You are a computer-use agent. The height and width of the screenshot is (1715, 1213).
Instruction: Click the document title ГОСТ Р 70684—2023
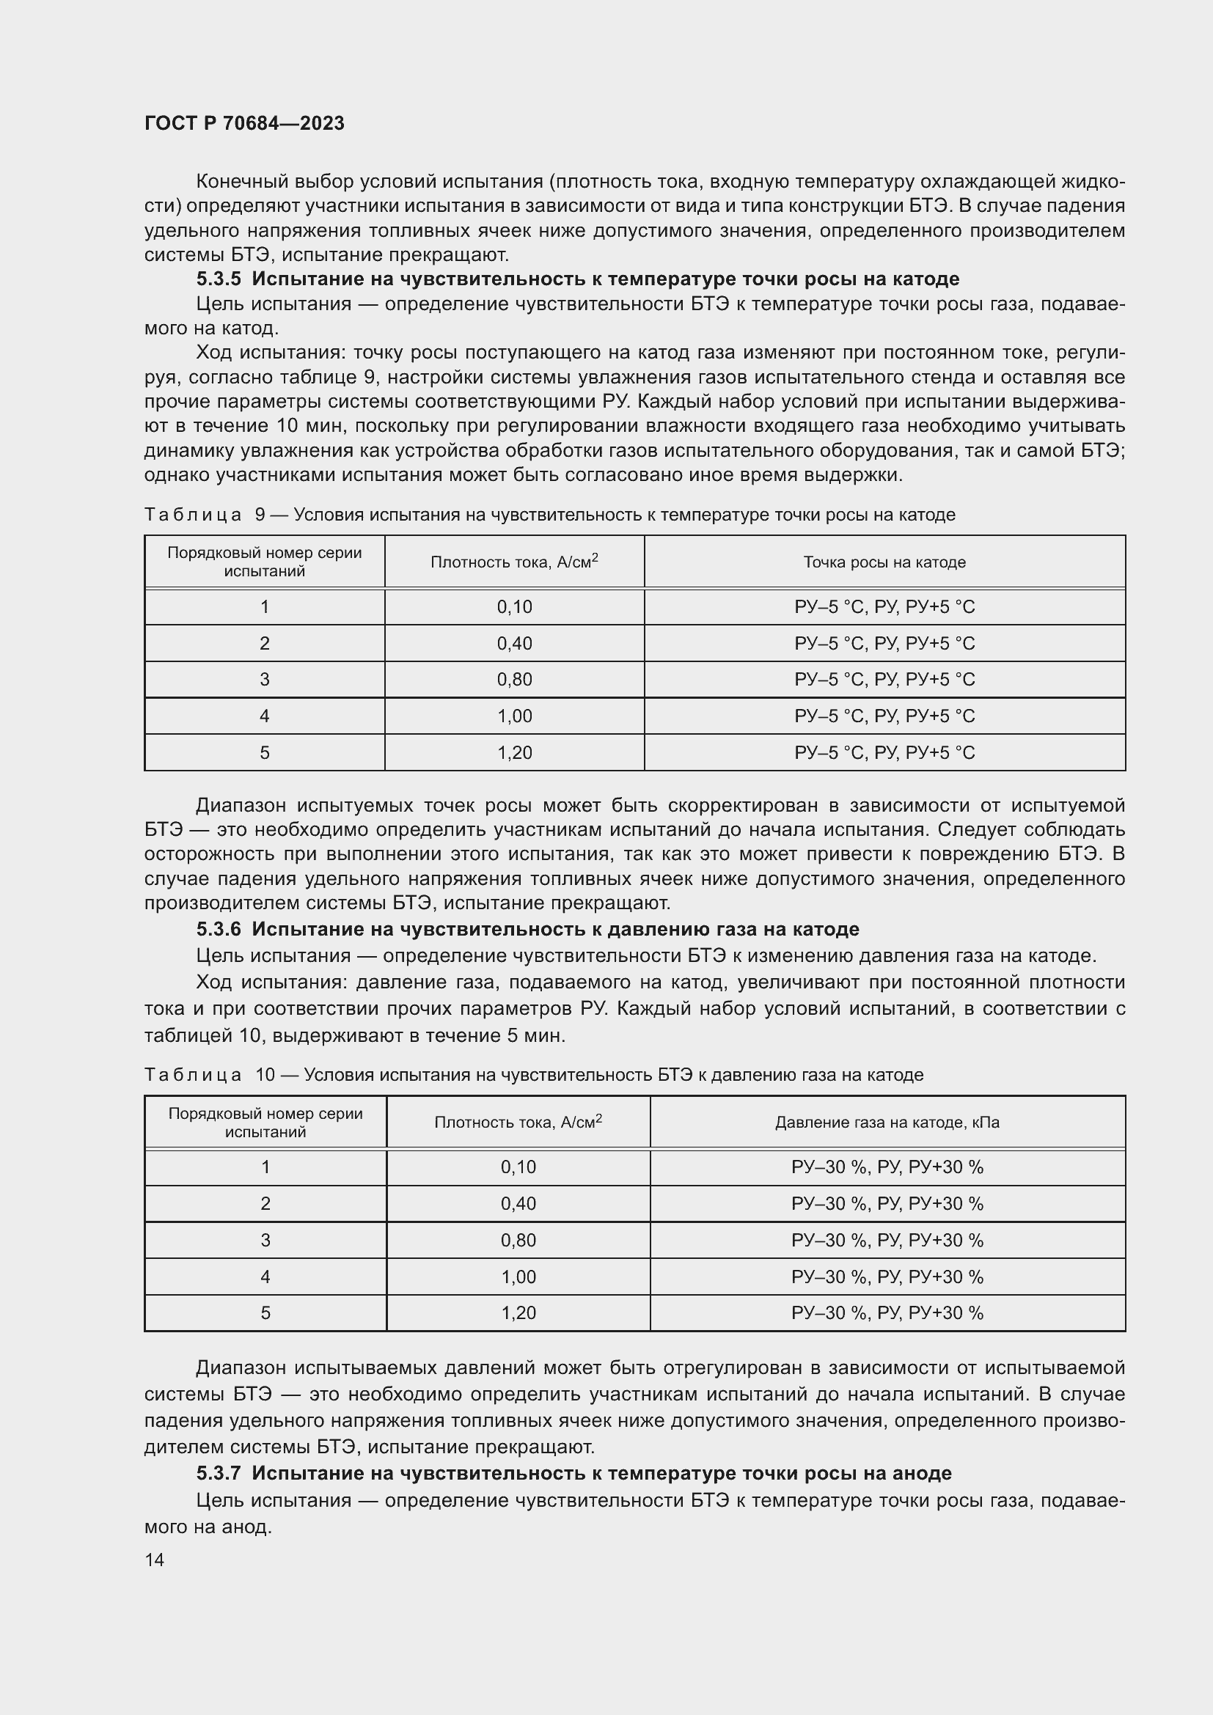pos(244,123)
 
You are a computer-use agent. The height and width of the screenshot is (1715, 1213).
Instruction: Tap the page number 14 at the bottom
pos(155,1560)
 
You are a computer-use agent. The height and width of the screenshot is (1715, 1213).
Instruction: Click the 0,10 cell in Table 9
pos(514,607)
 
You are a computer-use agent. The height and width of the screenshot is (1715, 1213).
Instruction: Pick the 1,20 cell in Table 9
pos(514,753)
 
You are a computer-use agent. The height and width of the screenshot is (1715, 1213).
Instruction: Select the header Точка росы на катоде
pos(884,562)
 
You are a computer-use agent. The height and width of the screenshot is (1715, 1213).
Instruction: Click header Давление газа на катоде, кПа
pos(887,1123)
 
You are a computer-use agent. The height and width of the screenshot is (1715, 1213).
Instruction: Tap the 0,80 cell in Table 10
pos(518,1241)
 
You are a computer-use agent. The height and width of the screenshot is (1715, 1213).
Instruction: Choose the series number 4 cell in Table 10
pos(265,1277)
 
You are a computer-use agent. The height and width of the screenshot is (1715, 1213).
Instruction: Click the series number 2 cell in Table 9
pos(265,644)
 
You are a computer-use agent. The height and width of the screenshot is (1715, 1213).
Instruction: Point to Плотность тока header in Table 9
pos(514,562)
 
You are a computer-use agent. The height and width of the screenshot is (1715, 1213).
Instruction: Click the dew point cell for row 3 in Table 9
pos(884,680)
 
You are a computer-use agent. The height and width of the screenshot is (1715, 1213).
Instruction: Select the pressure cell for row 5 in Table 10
pos(887,1313)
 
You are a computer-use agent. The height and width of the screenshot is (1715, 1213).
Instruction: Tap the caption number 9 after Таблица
pos(260,515)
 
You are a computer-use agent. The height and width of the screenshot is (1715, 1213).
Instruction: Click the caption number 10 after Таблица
pos(265,1075)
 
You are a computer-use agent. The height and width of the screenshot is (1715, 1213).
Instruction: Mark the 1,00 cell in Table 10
pos(518,1277)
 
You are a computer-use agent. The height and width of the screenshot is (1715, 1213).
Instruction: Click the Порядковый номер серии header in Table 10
pos(265,1123)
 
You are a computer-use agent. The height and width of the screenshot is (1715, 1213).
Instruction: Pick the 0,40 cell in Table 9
pos(514,644)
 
